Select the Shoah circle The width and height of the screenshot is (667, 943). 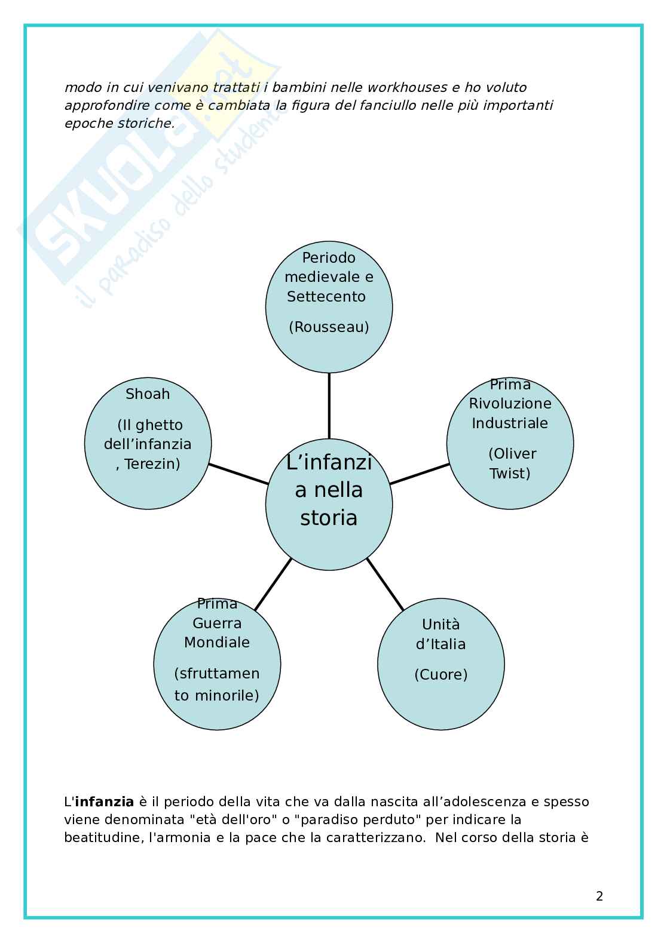[x=148, y=442]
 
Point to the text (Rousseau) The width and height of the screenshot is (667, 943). [x=329, y=327]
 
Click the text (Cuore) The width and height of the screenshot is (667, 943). [x=441, y=674]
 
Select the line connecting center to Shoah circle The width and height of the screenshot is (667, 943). [x=238, y=474]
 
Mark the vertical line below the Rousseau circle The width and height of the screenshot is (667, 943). [x=329, y=406]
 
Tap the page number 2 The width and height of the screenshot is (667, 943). [x=599, y=896]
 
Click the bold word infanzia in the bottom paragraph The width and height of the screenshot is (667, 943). [x=103, y=801]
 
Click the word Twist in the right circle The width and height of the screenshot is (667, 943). [x=510, y=473]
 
